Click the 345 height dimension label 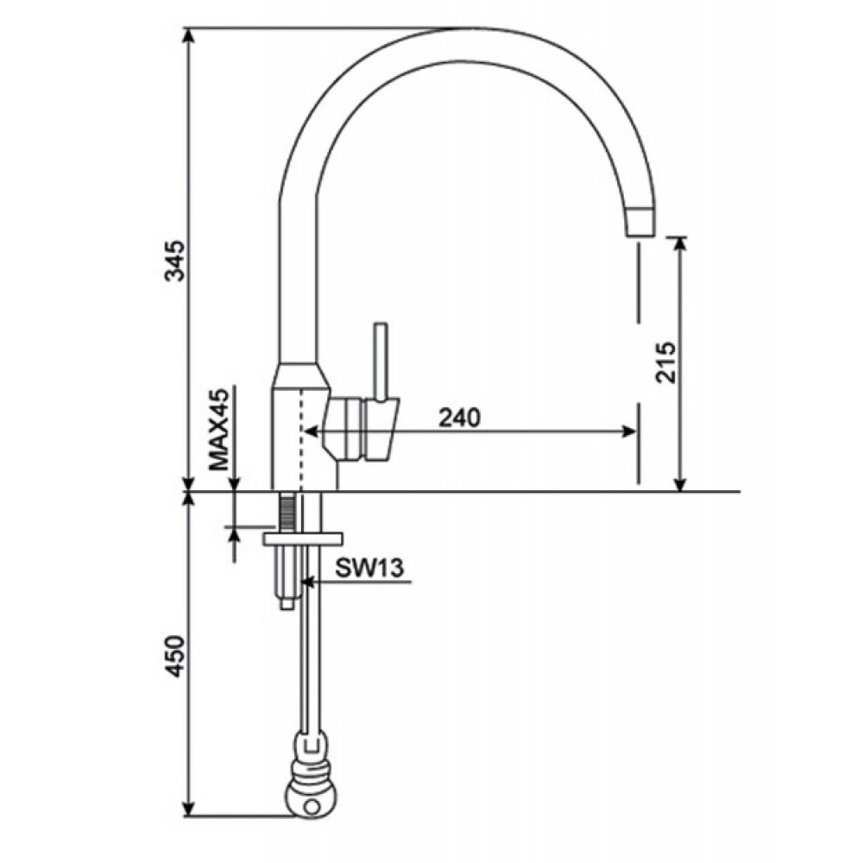pos(176,261)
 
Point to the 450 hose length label pos(174,656)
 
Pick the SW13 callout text pos(370,568)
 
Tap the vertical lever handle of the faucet pos(381,361)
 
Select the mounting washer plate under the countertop pos(303,539)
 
